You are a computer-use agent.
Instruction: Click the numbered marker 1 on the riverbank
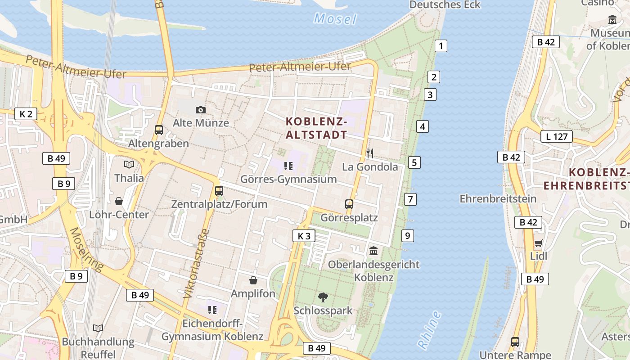(x=441, y=45)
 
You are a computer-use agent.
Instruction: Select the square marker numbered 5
(x=414, y=162)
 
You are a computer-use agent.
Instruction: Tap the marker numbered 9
(x=407, y=235)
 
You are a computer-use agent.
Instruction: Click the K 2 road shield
(x=26, y=114)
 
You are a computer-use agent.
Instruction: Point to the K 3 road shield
(x=304, y=236)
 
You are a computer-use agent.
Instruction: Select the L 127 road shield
(x=557, y=136)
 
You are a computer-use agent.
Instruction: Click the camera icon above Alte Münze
(x=201, y=110)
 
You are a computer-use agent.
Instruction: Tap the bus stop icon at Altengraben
(x=159, y=130)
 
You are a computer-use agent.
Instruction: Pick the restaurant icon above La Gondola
(x=370, y=153)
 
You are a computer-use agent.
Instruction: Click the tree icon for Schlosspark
(x=323, y=297)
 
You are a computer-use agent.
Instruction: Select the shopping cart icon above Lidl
(x=538, y=243)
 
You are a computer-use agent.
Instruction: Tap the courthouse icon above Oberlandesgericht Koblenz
(x=373, y=251)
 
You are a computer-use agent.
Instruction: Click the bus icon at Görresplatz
(x=349, y=204)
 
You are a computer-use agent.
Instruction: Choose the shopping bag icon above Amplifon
(x=253, y=280)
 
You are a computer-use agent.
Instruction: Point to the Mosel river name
(x=335, y=19)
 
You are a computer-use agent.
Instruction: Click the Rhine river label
(x=429, y=329)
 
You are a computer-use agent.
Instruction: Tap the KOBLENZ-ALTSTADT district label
(x=317, y=128)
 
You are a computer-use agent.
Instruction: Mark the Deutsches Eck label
(x=445, y=5)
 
